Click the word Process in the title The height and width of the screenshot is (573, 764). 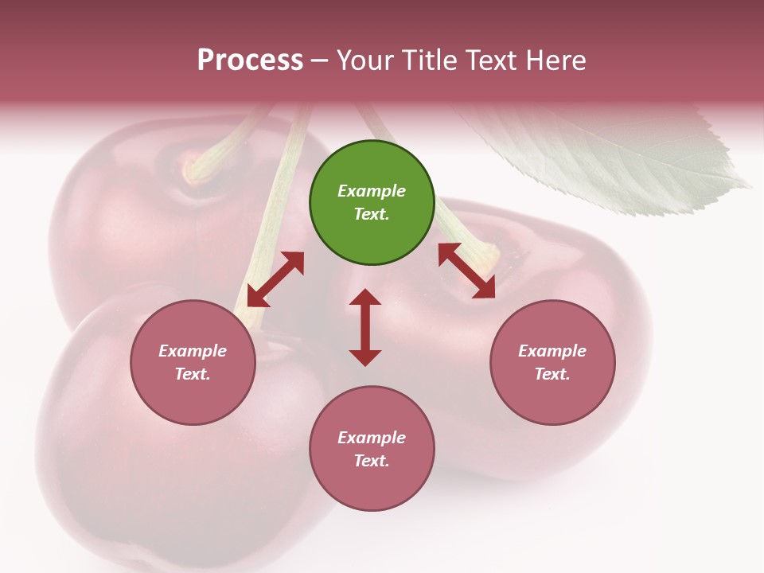(250, 60)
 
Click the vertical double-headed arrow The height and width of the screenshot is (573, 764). (365, 327)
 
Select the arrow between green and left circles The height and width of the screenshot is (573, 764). (275, 279)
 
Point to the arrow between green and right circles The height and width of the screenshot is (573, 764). (466, 271)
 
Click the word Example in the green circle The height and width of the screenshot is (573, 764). (372, 191)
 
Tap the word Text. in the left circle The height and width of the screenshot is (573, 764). (193, 374)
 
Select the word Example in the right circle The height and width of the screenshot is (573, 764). (552, 351)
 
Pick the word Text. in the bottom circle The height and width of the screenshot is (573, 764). (372, 461)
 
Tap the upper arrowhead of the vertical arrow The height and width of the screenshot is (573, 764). (365, 299)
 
